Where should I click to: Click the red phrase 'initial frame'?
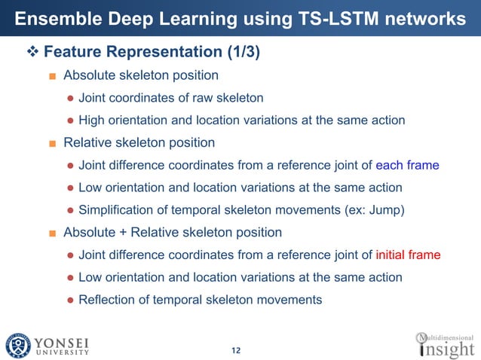[408, 255]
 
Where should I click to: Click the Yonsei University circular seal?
[17, 344]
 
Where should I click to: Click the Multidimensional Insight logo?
[446, 344]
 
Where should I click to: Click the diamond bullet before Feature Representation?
[32, 53]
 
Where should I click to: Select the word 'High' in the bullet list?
[92, 121]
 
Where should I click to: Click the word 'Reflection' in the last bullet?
[108, 300]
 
